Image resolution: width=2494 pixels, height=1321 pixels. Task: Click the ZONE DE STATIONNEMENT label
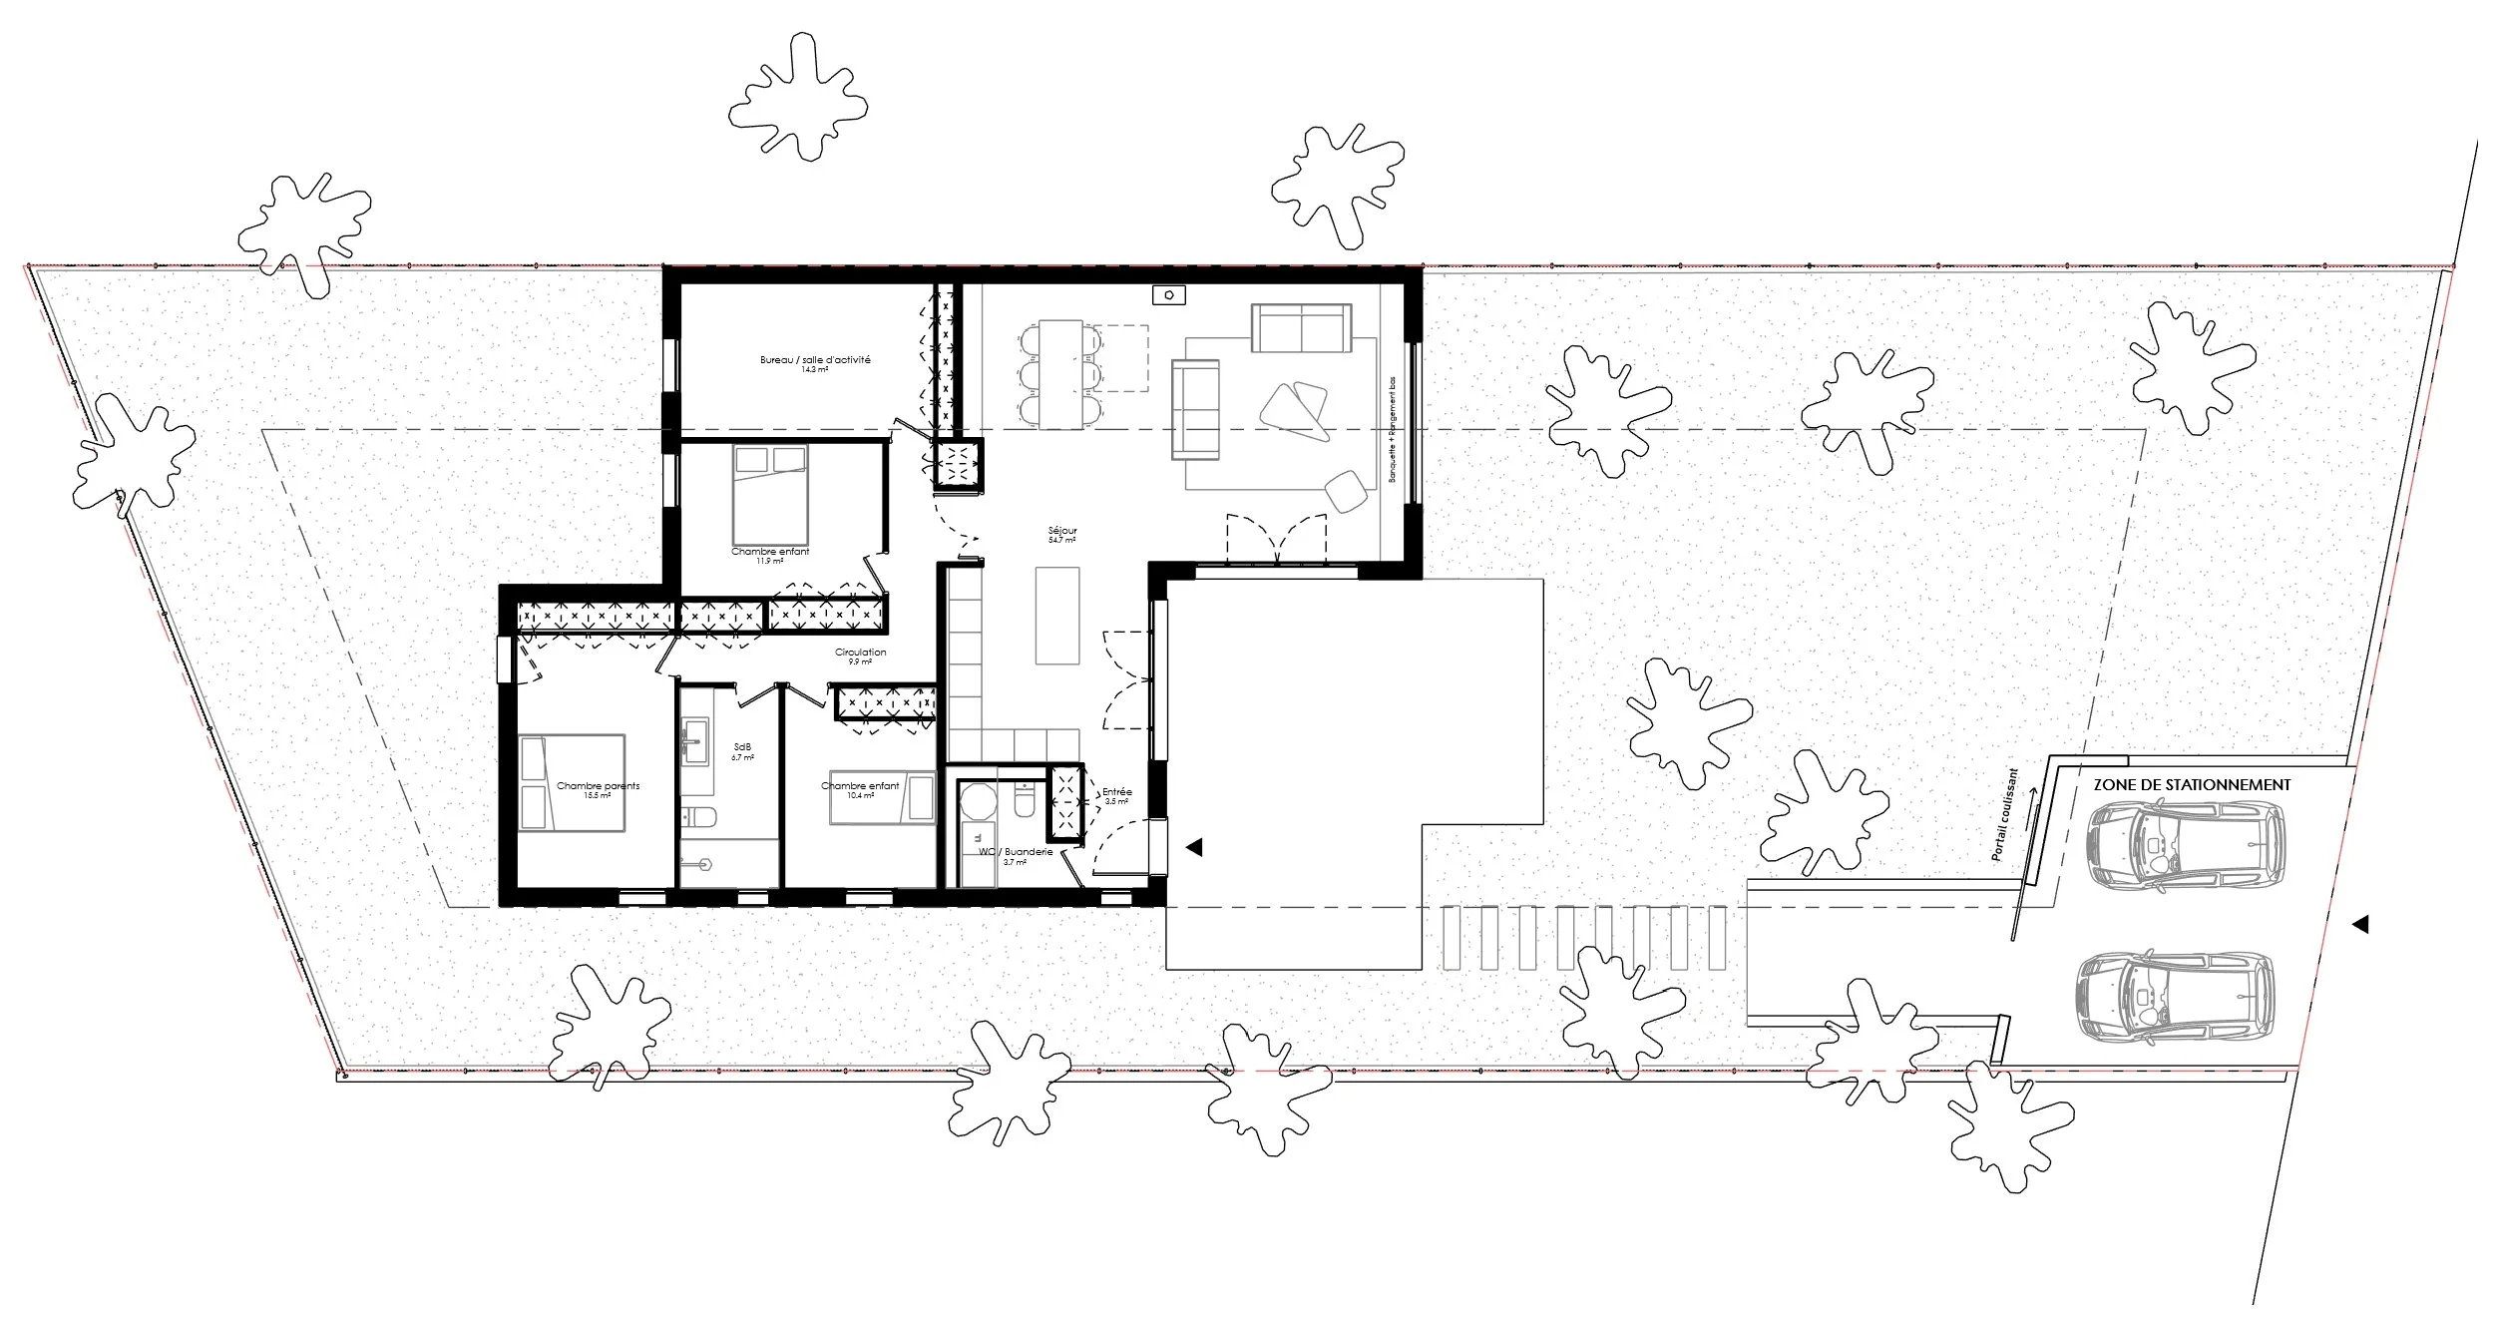coord(2191,784)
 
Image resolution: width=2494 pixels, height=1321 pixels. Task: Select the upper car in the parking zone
coord(2185,847)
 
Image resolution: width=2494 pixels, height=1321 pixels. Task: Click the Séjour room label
coord(1061,531)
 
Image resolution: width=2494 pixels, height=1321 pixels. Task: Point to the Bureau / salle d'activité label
coord(815,360)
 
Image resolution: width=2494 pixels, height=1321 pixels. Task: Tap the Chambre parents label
coord(598,786)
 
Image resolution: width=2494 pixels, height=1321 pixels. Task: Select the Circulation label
coord(860,653)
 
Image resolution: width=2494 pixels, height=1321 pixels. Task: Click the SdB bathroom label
coord(741,747)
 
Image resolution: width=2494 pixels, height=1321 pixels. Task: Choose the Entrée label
coord(1117,792)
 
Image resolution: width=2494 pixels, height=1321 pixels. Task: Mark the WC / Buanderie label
coord(1016,851)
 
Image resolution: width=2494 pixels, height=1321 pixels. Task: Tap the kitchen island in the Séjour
coord(1057,615)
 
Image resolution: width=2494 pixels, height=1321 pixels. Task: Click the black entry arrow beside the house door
coord(1193,847)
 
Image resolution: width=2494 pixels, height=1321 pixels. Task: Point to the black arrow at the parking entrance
coord(2359,925)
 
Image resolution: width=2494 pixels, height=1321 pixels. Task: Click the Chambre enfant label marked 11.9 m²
coord(770,552)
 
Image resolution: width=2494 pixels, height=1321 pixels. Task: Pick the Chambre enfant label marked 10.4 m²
coord(860,786)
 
